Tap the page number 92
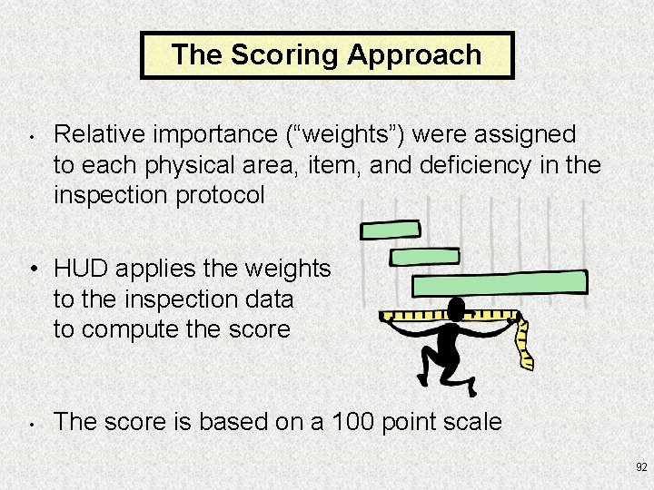(x=641, y=467)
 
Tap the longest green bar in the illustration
(x=500, y=283)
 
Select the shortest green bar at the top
(x=390, y=230)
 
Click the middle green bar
(x=424, y=257)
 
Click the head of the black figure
(x=456, y=308)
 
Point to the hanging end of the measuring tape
(x=525, y=349)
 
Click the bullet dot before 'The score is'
(x=31, y=423)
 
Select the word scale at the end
(x=473, y=421)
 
